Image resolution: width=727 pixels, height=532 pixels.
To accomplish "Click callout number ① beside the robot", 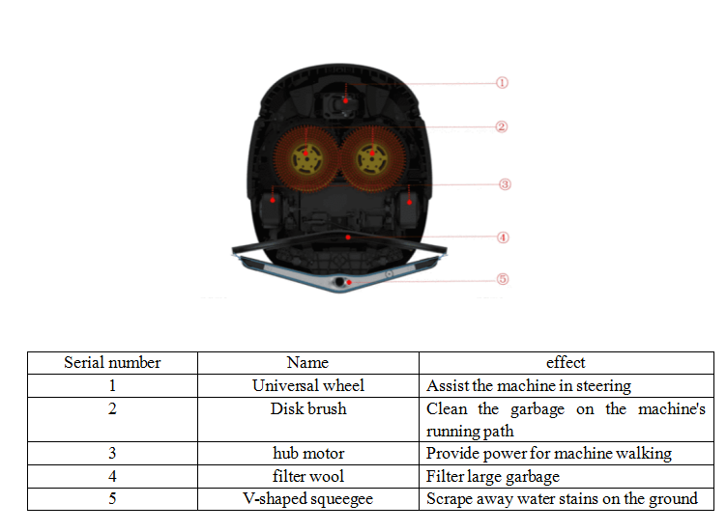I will [502, 83].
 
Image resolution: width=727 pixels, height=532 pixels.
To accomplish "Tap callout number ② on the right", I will [502, 126].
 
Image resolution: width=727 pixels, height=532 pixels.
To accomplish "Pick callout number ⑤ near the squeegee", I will [503, 279].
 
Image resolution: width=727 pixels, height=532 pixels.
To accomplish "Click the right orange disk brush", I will [372, 154].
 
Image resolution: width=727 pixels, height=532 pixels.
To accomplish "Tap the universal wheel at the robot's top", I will [344, 99].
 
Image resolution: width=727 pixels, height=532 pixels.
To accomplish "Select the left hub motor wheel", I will [273, 204].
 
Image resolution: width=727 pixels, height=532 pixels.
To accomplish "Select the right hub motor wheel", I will [408, 204].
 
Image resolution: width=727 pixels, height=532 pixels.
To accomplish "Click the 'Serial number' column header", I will [112, 363].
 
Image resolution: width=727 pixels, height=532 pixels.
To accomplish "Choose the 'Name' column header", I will [307, 363].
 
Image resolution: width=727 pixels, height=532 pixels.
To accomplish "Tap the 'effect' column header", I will [566, 363].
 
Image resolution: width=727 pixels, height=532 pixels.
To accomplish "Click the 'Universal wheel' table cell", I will [307, 385].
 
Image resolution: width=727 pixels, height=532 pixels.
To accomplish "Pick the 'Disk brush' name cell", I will [307, 408].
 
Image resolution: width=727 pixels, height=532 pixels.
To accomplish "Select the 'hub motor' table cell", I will [307, 454].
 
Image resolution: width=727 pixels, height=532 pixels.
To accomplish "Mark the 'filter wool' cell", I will [307, 476].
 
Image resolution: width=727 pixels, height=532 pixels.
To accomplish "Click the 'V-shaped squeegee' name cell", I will [307, 499].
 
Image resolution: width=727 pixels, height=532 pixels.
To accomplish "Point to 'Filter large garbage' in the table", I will [492, 476].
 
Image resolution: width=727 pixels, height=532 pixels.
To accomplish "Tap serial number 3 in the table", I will [112, 454].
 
